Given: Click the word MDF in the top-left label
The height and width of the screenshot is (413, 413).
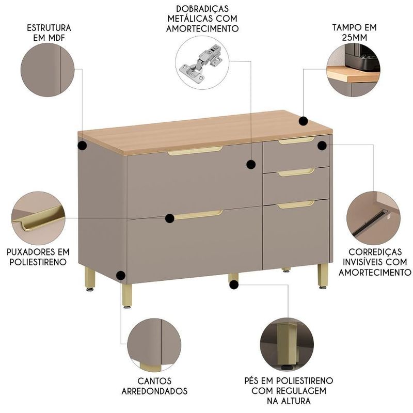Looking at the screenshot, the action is (x=56, y=38).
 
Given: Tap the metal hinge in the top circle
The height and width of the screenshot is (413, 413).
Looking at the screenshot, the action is (x=201, y=63).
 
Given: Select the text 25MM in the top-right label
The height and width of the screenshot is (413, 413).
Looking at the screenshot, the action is (x=354, y=38).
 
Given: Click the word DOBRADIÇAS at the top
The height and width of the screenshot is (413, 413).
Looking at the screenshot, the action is (x=202, y=9).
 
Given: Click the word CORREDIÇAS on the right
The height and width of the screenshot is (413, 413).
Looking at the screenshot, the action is (x=375, y=252).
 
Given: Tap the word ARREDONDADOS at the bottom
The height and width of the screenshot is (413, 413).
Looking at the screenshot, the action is (x=154, y=391).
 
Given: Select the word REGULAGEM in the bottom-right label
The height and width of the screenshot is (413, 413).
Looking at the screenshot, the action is (x=301, y=391).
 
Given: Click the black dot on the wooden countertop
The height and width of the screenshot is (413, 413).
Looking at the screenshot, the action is (x=303, y=121).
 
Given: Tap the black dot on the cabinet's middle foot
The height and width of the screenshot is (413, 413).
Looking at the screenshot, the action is (x=234, y=284).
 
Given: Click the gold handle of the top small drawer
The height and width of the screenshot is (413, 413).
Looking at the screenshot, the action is (x=296, y=140).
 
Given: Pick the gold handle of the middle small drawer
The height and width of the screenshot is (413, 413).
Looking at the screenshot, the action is (x=296, y=172).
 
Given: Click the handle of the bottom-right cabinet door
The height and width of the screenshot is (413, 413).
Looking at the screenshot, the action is (x=296, y=204).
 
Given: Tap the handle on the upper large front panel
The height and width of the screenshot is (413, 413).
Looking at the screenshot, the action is (x=195, y=151).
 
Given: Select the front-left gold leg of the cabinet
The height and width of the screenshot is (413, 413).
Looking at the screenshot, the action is (x=127, y=295).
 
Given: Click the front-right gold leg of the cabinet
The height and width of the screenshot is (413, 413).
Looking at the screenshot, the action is (x=323, y=276).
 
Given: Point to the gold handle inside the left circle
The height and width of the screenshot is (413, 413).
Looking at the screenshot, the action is (x=39, y=218).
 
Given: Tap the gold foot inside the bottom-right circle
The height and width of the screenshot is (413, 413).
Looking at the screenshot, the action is (x=287, y=343).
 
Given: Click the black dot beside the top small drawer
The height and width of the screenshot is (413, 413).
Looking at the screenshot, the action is (x=322, y=146).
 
